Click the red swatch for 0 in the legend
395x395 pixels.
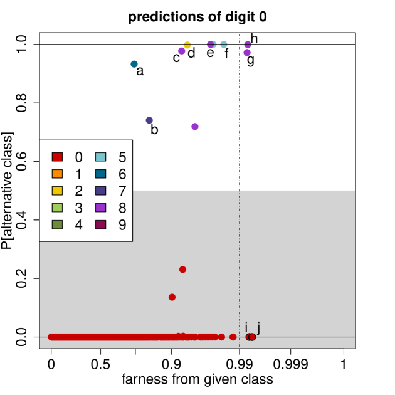pyautogui.click(x=57, y=157)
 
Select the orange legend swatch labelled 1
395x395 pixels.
pyautogui.click(x=57, y=174)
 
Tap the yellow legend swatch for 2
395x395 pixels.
pyautogui.click(x=57, y=191)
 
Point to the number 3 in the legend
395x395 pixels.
pyautogui.click(x=78, y=208)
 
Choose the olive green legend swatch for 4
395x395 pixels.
pyautogui.click(x=57, y=224)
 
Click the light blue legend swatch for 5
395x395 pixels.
pyautogui.click(x=101, y=157)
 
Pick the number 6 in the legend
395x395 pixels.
pyautogui.click(x=122, y=174)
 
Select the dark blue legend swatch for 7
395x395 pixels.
pyautogui.click(x=101, y=191)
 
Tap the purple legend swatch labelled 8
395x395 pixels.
pyautogui.click(x=101, y=208)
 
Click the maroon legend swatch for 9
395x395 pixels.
pyautogui.click(x=101, y=224)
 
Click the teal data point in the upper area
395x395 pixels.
pyautogui.click(x=134, y=64)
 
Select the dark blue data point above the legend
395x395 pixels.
pyautogui.click(x=149, y=120)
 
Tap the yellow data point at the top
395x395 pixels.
pyautogui.click(x=187, y=45)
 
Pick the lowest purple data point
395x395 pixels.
pyautogui.click(x=195, y=127)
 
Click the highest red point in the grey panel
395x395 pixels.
pyautogui.click(x=182, y=270)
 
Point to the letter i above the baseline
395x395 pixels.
pyautogui.click(x=246, y=327)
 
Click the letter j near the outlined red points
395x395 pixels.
pyautogui.click(x=258, y=327)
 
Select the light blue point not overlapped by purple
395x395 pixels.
pyautogui.click(x=224, y=45)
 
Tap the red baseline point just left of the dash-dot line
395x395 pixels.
pyautogui.click(x=233, y=337)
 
